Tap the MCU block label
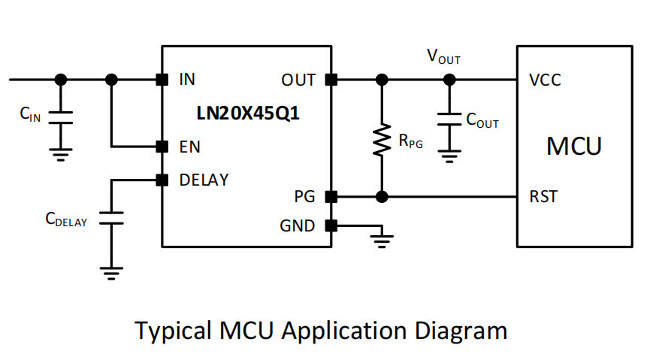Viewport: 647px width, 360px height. tap(573, 146)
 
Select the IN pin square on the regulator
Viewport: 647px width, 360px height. tap(161, 79)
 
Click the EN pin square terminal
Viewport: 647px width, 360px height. tap(161, 146)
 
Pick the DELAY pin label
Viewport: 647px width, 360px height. tap(204, 180)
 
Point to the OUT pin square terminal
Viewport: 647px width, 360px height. tap(331, 79)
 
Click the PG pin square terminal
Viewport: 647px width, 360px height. tap(331, 197)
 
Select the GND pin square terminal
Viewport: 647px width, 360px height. tap(331, 225)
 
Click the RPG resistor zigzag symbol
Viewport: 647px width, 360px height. tap(382, 141)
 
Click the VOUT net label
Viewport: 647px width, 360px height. tap(443, 57)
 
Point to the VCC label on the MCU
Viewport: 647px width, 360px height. tap(545, 80)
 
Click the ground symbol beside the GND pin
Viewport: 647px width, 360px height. tap(383, 240)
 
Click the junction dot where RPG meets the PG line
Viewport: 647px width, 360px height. tap(382, 197)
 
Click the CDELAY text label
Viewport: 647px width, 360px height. tap(66, 219)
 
